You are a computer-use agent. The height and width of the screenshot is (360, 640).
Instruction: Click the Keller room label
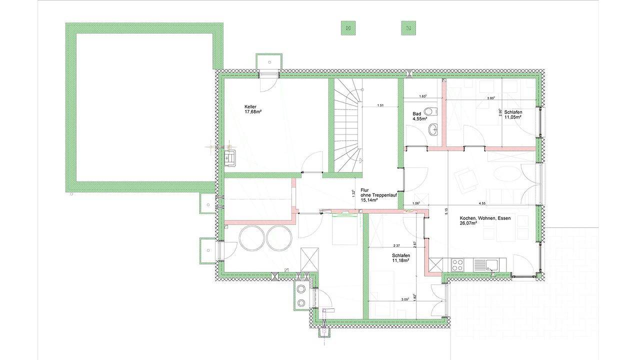pos(250,107)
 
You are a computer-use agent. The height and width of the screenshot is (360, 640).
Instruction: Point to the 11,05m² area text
pos(513,117)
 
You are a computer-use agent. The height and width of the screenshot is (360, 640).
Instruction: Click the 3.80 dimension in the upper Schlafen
pos(491,98)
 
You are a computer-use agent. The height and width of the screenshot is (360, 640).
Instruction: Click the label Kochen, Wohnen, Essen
pos(485,218)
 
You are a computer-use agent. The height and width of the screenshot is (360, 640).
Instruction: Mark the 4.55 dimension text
pos(482,203)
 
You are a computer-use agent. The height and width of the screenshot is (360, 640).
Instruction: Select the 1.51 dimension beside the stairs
pos(380,105)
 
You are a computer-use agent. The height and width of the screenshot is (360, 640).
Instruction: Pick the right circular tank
pos(278,237)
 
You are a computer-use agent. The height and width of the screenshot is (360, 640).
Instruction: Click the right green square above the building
pos(408,28)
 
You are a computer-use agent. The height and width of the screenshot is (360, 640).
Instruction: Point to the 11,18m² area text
pos(401,260)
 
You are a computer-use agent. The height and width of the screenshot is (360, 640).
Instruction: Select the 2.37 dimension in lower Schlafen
pos(396,245)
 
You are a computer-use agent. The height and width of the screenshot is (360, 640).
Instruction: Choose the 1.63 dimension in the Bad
pos(422,96)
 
